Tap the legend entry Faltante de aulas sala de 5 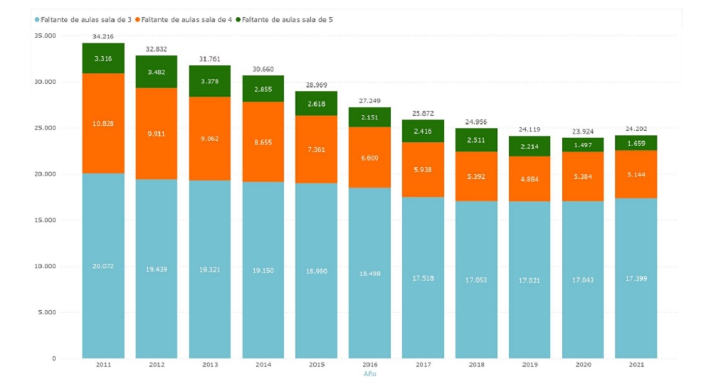(288, 20)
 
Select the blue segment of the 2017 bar (423, 277)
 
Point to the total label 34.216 (103, 36)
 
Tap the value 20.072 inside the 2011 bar (103, 266)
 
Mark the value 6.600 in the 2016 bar (369, 158)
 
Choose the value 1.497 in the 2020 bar (583, 144)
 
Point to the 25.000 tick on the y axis (45, 128)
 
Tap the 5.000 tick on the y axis (47, 312)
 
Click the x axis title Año (369, 374)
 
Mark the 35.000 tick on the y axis (45, 36)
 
